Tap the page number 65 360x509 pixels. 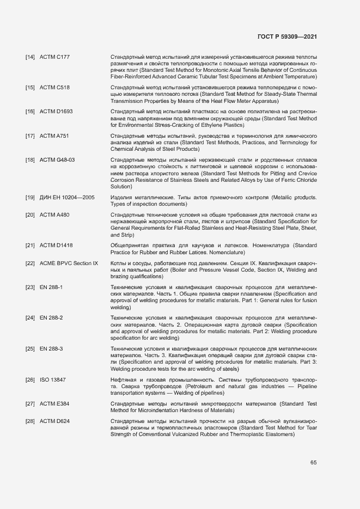[313, 463]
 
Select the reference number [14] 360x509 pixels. [30, 57]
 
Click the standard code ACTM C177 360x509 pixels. [54, 57]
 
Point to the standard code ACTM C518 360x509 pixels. [54, 88]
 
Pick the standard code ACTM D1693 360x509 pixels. [56, 112]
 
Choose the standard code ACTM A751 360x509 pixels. [54, 136]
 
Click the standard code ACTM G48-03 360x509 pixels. [57, 160]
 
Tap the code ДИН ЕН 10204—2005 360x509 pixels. [67, 198]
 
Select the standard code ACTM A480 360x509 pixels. [54, 215]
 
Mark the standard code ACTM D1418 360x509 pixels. [56, 246]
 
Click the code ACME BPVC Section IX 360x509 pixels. [69, 263]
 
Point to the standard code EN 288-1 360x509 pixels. [51, 287]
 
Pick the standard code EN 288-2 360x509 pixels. [51, 317]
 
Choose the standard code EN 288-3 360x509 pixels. [51, 348]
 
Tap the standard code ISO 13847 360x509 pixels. [52, 379]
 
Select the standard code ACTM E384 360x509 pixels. [54, 403]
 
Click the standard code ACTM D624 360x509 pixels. [54, 421]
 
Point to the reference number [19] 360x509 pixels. [30, 198]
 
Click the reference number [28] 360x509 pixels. [30, 421]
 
